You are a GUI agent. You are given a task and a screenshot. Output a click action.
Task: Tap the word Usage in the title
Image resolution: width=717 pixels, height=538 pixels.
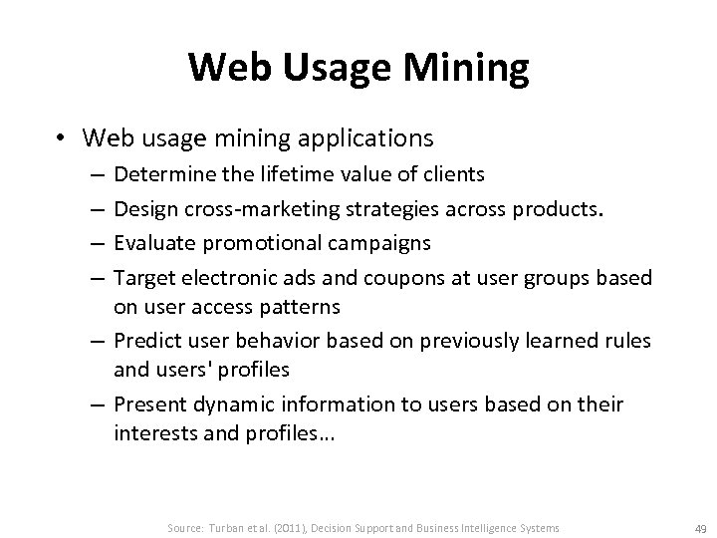pyautogui.click(x=319, y=68)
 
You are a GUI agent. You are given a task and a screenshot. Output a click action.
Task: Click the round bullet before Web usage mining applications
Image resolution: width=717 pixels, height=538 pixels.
pyautogui.click(x=62, y=136)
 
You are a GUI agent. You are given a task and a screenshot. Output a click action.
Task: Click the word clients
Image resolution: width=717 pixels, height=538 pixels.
pyautogui.click(x=454, y=175)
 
